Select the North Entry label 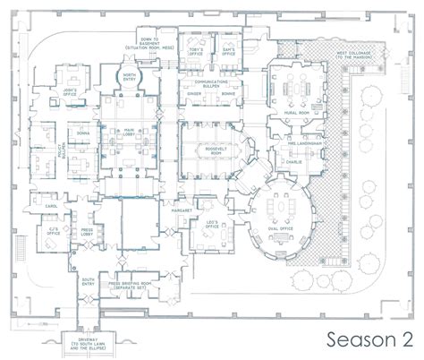130,77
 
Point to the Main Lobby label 130,135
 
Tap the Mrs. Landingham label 304,143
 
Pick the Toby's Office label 196,53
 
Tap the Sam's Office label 229,53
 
